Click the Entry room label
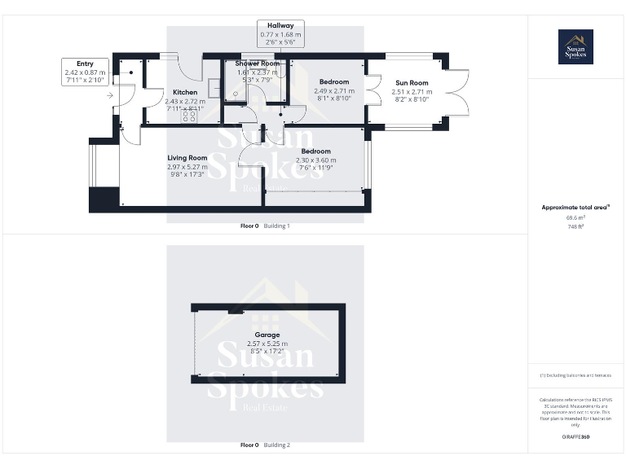pyautogui.click(x=85, y=64)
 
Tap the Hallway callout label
pyautogui.click(x=280, y=26)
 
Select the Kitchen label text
pyautogui.click(x=184, y=92)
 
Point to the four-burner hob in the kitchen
pyautogui.click(x=188, y=116)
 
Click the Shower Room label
pyautogui.click(x=258, y=64)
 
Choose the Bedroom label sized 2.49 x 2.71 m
pyautogui.click(x=334, y=82)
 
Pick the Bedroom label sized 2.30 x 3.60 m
pyautogui.click(x=315, y=151)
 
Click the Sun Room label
pyautogui.click(x=412, y=83)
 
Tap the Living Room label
pyautogui.click(x=187, y=158)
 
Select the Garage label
pyautogui.click(x=267, y=335)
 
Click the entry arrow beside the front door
pyautogui.click(x=110, y=95)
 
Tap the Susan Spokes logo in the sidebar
pyautogui.click(x=575, y=46)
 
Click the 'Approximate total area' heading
pyautogui.click(x=575, y=208)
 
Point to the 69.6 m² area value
pyautogui.click(x=575, y=217)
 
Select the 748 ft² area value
pyautogui.click(x=575, y=226)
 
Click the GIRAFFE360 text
pyautogui.click(x=575, y=437)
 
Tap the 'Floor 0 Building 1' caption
pyautogui.click(x=265, y=226)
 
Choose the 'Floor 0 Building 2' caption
pyautogui.click(x=265, y=445)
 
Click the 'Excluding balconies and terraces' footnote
pyautogui.click(x=575, y=375)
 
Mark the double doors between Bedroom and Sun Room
pyautogui.click(x=373, y=90)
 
